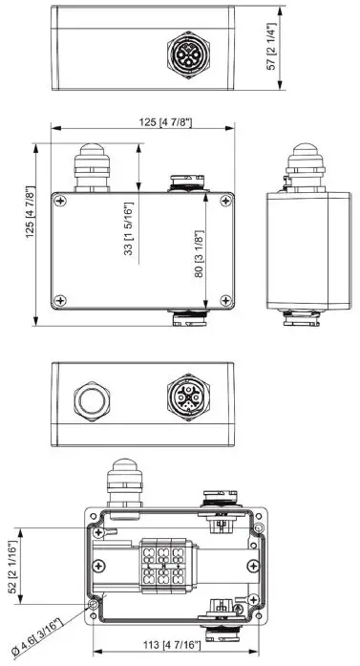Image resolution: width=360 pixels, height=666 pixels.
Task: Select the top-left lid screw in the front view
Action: (62, 200)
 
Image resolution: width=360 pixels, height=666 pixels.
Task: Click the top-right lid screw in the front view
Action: (224, 200)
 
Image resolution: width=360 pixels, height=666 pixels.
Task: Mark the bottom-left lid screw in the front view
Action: (62, 301)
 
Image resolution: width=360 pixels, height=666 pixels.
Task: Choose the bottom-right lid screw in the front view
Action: (224, 301)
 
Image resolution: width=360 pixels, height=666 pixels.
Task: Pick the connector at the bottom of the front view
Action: (187, 319)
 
